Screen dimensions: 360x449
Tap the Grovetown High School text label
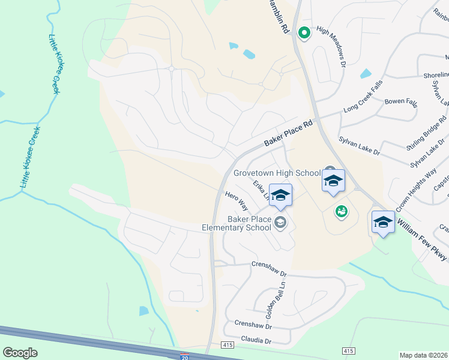click(x=277, y=173)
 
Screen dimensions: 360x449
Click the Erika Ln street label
click(x=261, y=190)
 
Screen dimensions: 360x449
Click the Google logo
click(x=20, y=353)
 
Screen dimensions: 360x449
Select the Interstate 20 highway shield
click(x=185, y=356)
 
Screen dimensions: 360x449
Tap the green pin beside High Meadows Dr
click(x=304, y=33)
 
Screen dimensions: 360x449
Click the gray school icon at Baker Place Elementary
click(x=280, y=223)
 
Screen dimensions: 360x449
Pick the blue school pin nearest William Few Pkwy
click(x=382, y=223)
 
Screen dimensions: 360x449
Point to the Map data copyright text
click(x=424, y=355)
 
